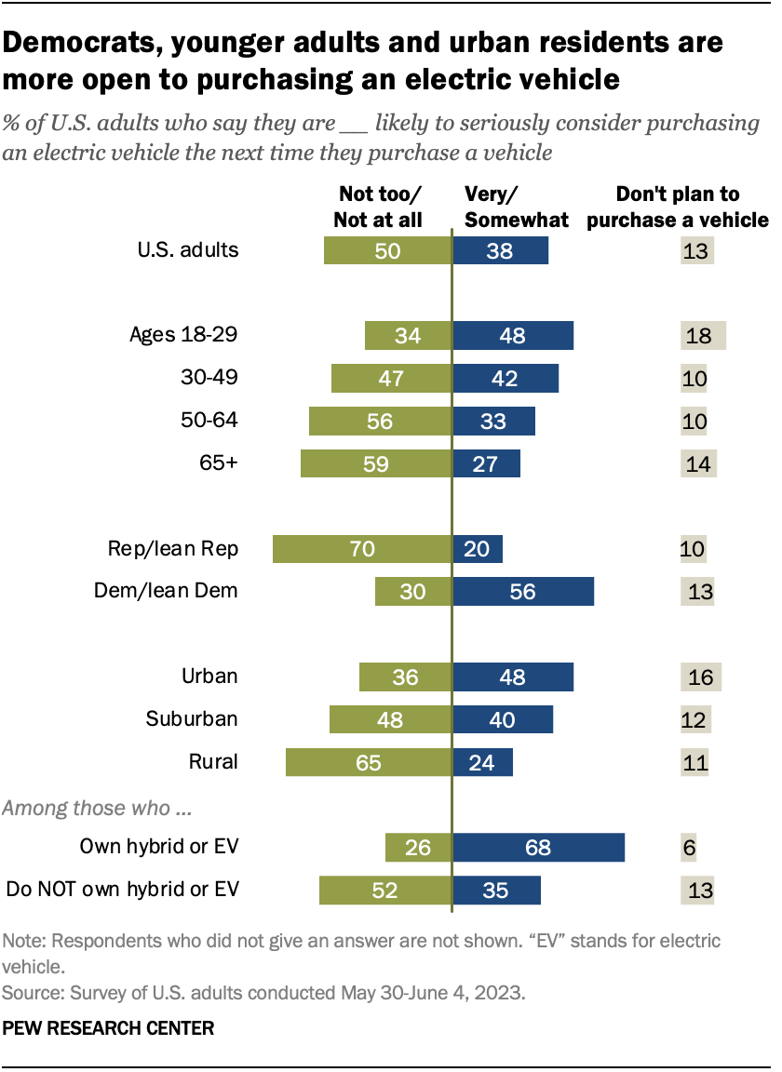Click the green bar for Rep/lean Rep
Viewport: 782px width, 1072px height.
point(362,549)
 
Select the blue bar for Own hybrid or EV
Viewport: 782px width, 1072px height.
point(538,848)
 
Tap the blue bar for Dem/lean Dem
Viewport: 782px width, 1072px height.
point(523,591)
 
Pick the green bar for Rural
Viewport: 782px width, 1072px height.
point(369,762)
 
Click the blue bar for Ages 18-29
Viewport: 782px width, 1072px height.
point(513,335)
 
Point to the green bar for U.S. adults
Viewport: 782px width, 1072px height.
point(387,250)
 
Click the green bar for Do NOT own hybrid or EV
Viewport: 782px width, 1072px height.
point(384,890)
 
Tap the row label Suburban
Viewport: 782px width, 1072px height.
point(192,718)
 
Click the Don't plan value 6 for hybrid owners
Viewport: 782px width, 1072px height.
point(689,848)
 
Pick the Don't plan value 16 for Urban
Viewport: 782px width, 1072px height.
point(700,677)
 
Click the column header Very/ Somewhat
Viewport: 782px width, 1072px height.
point(516,207)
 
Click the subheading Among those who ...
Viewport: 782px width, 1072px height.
point(98,808)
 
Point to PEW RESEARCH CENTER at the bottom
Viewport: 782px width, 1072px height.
point(109,1028)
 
